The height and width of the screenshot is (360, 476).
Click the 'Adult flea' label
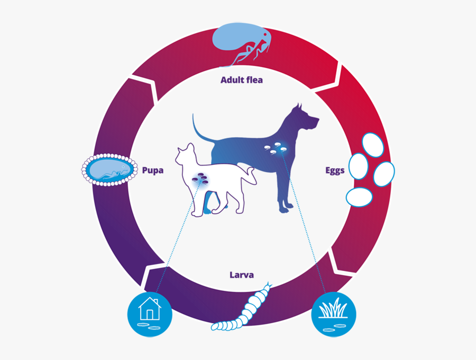click(242, 80)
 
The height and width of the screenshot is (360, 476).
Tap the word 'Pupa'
click(153, 170)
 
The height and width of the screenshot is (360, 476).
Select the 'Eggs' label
click(335, 170)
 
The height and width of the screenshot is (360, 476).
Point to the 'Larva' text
click(242, 275)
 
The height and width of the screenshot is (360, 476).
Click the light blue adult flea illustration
click(241, 44)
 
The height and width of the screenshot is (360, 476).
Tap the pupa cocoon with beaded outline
click(109, 169)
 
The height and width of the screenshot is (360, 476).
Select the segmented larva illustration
click(242, 307)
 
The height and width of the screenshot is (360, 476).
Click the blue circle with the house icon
click(150, 314)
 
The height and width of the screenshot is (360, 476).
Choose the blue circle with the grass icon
click(334, 314)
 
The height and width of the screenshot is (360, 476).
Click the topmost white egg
click(373, 145)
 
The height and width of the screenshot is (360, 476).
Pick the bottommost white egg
click(360, 197)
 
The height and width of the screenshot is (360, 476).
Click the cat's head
click(185, 155)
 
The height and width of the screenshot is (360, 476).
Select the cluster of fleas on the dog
click(275, 149)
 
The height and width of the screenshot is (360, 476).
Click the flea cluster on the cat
click(200, 178)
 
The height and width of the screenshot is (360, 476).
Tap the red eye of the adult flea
click(265, 35)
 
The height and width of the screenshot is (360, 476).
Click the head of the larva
click(267, 287)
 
